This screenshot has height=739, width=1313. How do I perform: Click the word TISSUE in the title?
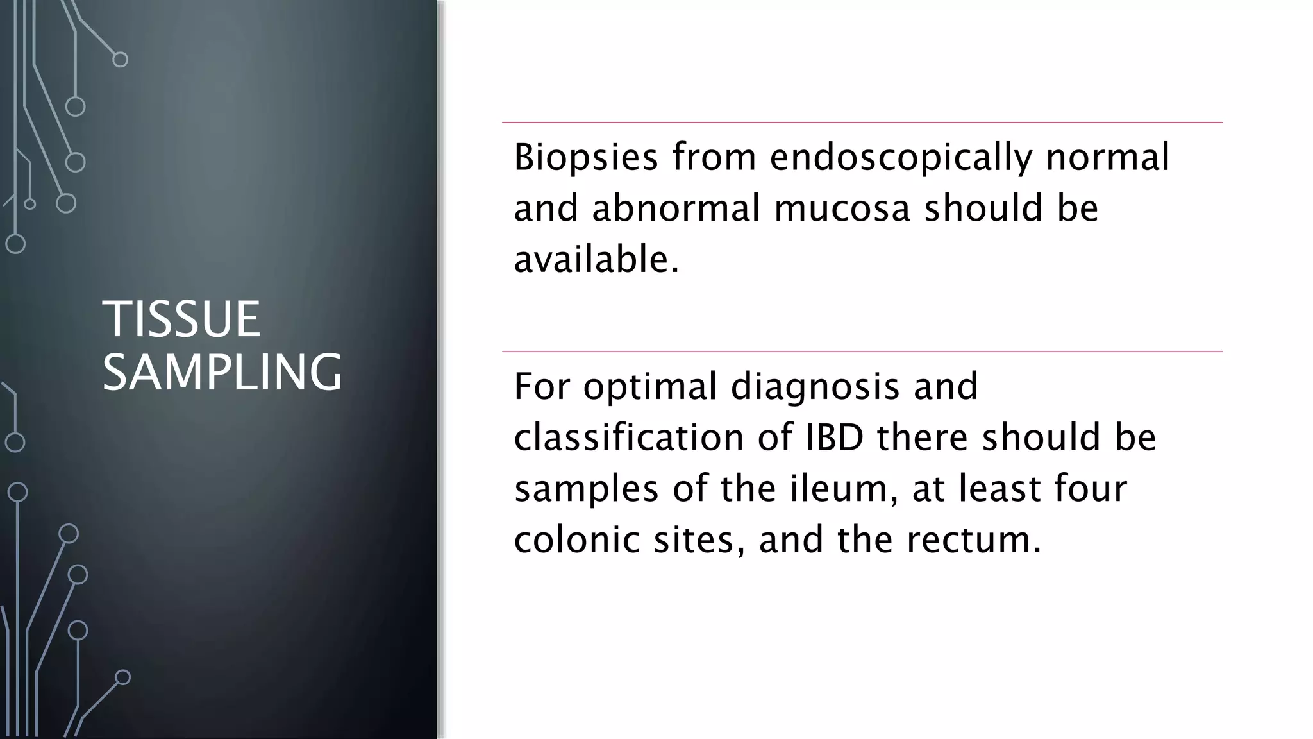click(x=181, y=319)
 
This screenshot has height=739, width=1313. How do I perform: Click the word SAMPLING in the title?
click(x=222, y=372)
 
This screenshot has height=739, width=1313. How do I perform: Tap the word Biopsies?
click(x=585, y=157)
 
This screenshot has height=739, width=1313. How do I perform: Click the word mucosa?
click(x=842, y=208)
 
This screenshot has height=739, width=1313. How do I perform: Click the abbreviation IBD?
click(x=831, y=438)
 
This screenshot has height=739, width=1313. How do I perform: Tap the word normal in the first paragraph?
click(x=1107, y=157)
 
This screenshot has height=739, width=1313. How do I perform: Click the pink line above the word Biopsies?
click(x=862, y=122)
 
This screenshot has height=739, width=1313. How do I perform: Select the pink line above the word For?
click(x=862, y=352)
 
